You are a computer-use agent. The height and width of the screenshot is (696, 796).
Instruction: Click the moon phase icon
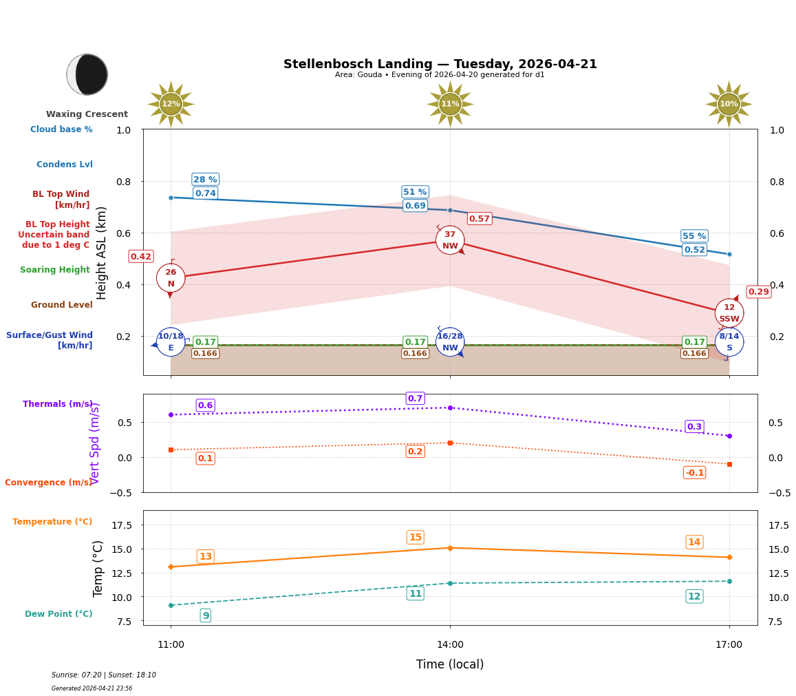coord(87,74)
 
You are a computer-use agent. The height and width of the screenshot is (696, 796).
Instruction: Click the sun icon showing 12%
coord(171,104)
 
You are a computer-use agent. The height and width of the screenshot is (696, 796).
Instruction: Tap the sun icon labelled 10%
coord(729,104)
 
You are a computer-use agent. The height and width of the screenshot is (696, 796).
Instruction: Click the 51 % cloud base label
coord(415,192)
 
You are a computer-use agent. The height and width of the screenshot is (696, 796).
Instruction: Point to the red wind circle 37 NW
coord(450,240)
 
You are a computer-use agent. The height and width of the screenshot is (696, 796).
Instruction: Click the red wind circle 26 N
coord(171,278)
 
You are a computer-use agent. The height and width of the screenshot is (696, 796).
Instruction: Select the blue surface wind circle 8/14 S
coord(729,342)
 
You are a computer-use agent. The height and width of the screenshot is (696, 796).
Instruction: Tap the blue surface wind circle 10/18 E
coord(171,342)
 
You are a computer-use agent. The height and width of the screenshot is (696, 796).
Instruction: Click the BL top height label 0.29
coord(758,292)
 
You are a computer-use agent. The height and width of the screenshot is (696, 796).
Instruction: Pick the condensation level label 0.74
coord(205,193)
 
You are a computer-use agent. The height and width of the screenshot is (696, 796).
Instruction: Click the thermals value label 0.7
coord(415,399)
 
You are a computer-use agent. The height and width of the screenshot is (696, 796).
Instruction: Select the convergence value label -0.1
coord(694,472)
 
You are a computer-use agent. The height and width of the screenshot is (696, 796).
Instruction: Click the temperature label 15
coord(415,538)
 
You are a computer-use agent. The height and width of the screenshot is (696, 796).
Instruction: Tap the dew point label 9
coord(205,615)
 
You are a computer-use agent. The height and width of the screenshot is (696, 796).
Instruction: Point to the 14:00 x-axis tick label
coord(450,645)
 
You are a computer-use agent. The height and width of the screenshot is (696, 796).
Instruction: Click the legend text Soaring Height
coord(55,270)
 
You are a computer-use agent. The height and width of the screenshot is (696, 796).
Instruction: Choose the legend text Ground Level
coord(61,305)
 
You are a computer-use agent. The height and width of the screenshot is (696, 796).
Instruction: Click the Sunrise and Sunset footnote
coord(104,675)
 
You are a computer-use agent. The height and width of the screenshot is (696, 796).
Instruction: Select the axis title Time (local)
coord(450,664)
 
